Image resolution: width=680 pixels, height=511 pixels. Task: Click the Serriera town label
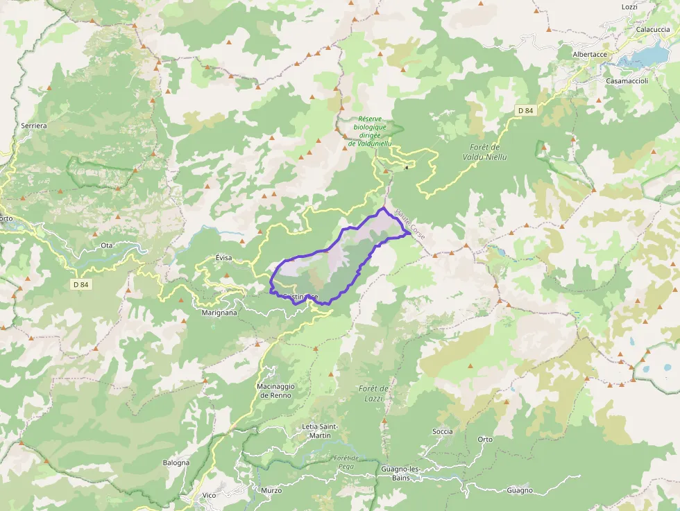[x=34, y=126]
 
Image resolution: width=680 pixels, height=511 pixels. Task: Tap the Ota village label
[x=106, y=245]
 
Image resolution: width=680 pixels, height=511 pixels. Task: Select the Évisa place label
[x=223, y=258]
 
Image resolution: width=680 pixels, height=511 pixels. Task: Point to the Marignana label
[x=219, y=313]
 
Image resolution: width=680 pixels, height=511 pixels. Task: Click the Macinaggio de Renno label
[x=275, y=390]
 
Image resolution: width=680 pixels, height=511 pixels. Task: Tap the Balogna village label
[x=176, y=462]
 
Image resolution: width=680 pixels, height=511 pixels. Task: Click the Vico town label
[x=209, y=495]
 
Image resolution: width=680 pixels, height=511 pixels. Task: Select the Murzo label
[x=271, y=490]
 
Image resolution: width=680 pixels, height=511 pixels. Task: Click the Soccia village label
[x=442, y=431]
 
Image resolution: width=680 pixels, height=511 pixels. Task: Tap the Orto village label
[x=485, y=440]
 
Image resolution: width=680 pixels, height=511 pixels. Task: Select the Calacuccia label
[x=652, y=29]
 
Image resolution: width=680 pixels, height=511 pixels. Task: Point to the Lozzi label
[x=629, y=6]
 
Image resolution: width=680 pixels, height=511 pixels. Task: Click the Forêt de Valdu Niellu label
[x=484, y=152]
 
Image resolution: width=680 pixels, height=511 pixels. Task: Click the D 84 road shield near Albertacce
[x=525, y=111]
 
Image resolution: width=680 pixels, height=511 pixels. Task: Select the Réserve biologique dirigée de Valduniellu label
[x=370, y=131]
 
